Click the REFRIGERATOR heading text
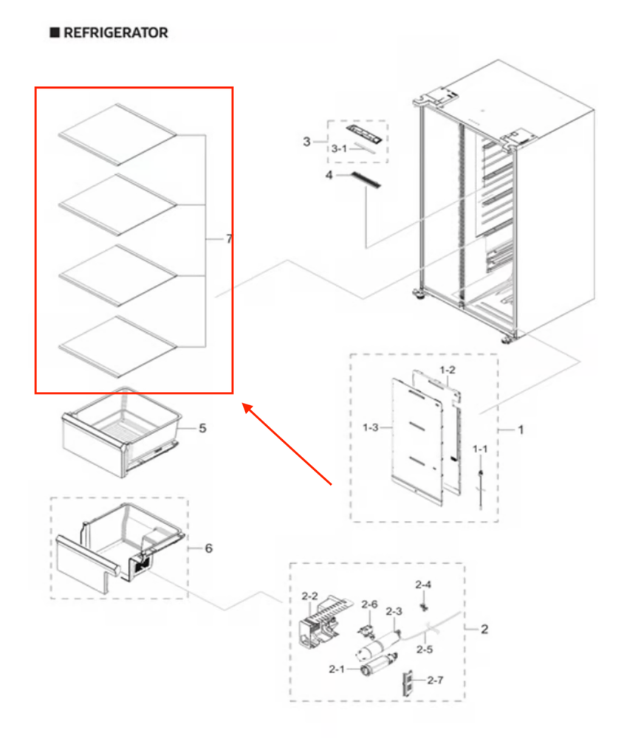[115, 33]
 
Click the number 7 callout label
[230, 239]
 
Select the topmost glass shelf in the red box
[117, 133]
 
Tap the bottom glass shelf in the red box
[117, 345]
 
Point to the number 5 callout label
[202, 428]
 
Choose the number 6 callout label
[208, 548]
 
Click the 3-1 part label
[339, 149]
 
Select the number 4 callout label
[329, 175]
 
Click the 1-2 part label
[448, 370]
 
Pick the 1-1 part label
[480, 449]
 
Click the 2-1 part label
[337, 669]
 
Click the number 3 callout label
[306, 142]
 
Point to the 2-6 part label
[369, 604]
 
